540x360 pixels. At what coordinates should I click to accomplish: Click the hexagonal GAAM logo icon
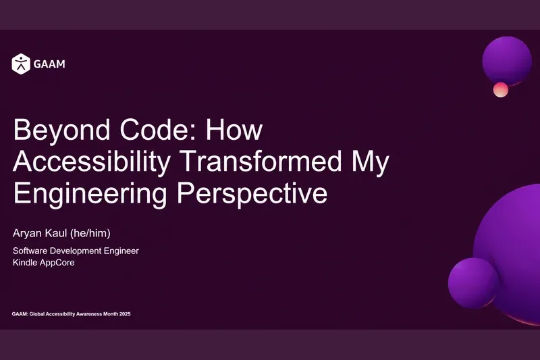[x=21, y=63]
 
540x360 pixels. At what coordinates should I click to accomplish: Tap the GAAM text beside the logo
[x=49, y=64]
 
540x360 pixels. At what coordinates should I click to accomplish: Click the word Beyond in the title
[x=61, y=130]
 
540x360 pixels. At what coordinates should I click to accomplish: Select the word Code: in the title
[x=158, y=130]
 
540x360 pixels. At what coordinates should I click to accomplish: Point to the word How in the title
[x=234, y=130]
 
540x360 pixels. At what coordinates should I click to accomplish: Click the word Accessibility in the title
[x=92, y=162]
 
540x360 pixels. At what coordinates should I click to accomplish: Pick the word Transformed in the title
[x=261, y=161]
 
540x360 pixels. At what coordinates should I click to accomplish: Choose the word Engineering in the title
[x=90, y=194]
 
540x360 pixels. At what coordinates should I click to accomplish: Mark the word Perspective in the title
[x=252, y=194]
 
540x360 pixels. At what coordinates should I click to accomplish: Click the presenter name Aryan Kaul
[x=40, y=234]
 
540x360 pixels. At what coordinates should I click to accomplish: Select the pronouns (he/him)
[x=90, y=233]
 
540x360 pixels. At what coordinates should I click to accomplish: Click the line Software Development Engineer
[x=76, y=251]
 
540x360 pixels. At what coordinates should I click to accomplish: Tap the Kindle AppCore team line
[x=44, y=263]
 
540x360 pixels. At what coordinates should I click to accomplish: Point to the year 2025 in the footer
[x=125, y=314]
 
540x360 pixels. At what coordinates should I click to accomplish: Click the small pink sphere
[x=501, y=90]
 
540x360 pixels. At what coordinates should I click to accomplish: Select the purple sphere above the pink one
[x=507, y=61]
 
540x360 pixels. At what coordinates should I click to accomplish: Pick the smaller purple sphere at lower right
[x=474, y=283]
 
